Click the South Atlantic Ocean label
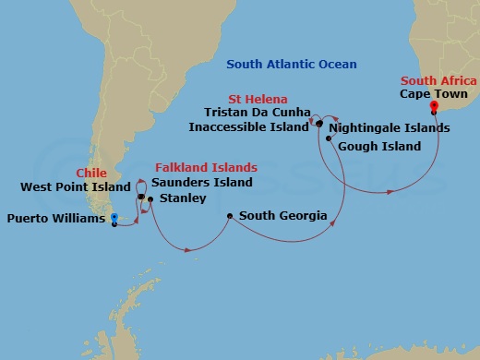292,64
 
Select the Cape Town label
434,94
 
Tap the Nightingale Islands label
390,127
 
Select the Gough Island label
379,146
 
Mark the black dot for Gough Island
328,138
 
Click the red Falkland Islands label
205,168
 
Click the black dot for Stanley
149,198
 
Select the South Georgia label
282,216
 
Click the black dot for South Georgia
230,217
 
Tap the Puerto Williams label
54,219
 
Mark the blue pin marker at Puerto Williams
114,219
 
